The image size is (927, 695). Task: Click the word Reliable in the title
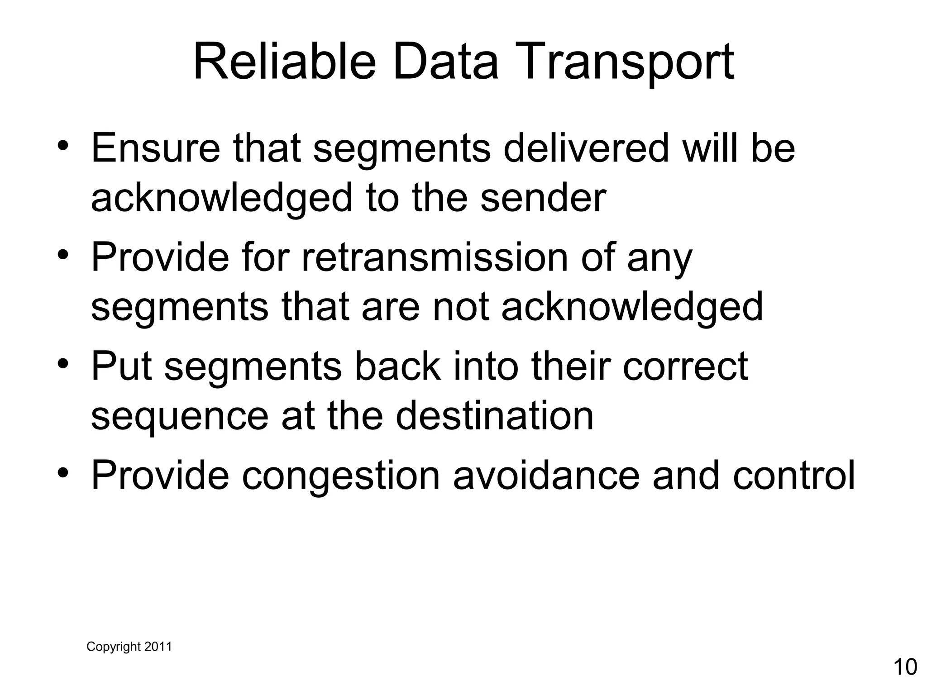(284, 62)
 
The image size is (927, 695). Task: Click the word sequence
(180, 417)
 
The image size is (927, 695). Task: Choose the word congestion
(340, 476)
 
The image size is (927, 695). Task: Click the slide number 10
(905, 667)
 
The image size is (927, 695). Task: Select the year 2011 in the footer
(158, 647)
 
